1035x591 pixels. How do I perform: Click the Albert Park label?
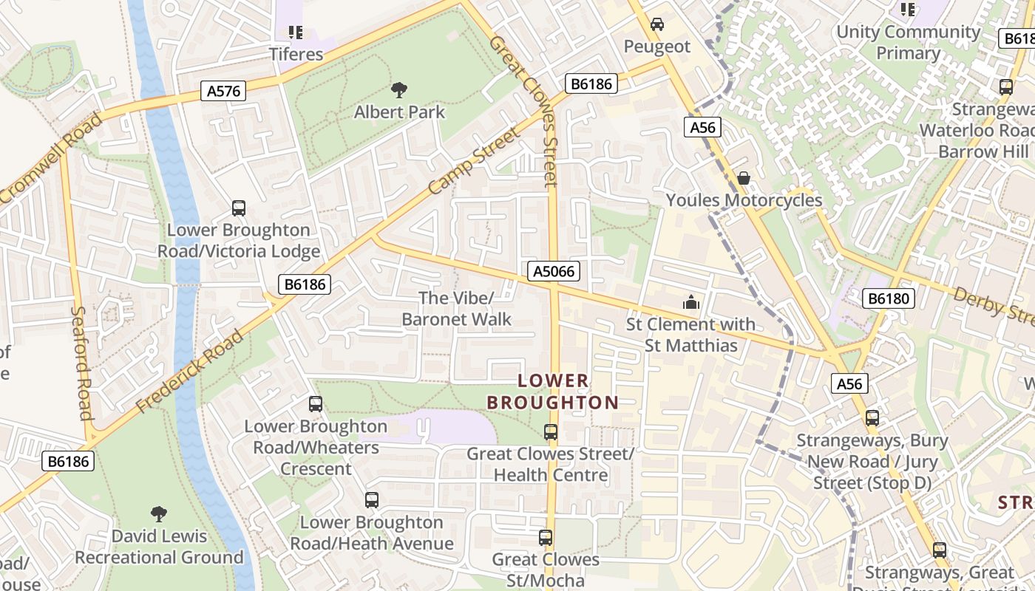(x=399, y=112)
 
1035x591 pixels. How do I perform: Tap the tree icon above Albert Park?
(x=399, y=91)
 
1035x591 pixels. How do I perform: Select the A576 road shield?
(x=223, y=91)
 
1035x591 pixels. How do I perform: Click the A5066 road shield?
(x=554, y=271)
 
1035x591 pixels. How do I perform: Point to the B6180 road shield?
(x=889, y=298)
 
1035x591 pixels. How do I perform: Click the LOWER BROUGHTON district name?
(x=552, y=392)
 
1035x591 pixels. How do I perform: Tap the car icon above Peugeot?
(x=656, y=25)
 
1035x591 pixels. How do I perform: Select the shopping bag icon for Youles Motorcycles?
(x=744, y=179)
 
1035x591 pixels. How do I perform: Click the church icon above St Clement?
(x=690, y=302)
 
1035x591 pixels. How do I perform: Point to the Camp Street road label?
(x=474, y=162)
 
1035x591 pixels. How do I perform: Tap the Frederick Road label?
(x=190, y=372)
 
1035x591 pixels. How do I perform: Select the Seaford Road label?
(x=82, y=362)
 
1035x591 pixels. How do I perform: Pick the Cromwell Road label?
(x=50, y=160)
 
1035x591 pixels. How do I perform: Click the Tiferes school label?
(x=296, y=54)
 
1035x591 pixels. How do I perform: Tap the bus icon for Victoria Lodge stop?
(x=238, y=208)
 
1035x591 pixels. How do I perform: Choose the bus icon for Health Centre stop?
(x=550, y=432)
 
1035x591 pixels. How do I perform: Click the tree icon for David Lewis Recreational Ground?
(x=158, y=514)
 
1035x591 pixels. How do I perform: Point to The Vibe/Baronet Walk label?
(x=456, y=309)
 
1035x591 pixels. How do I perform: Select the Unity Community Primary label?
(x=907, y=43)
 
